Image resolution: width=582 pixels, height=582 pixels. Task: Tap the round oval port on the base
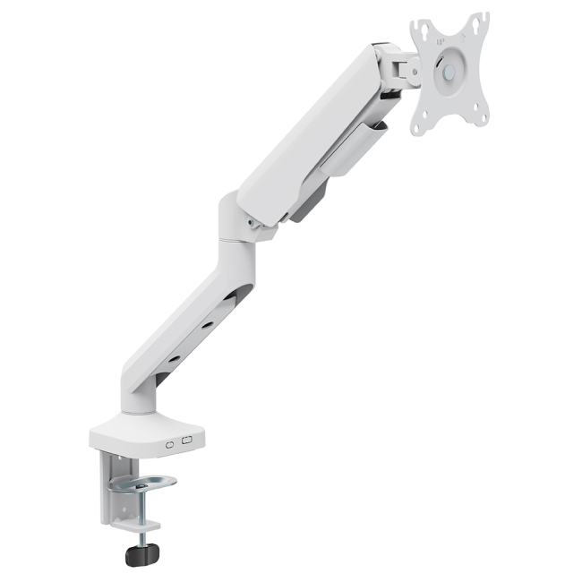(x=170, y=441)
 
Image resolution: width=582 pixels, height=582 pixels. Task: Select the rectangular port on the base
(x=187, y=440)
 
